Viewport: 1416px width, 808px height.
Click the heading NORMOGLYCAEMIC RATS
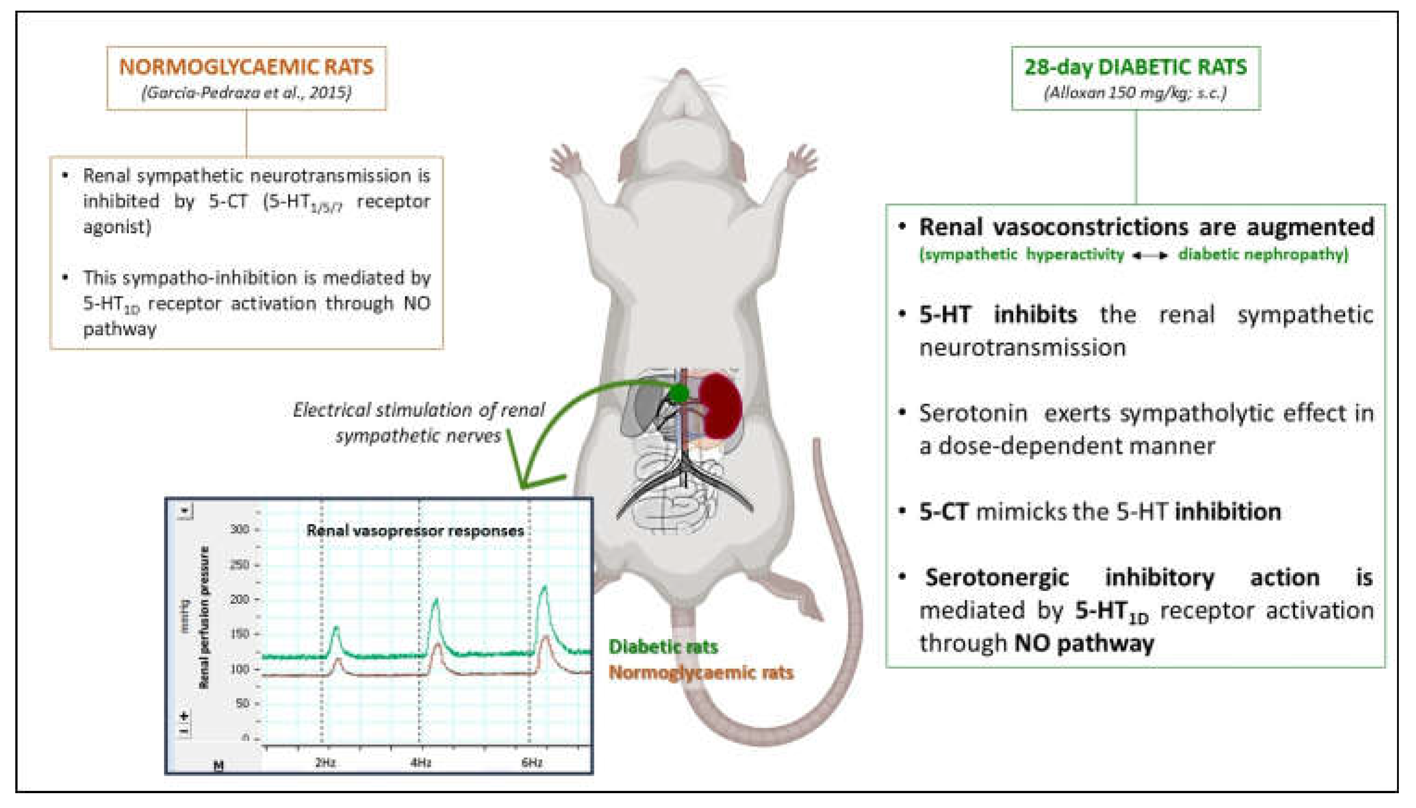click(x=246, y=67)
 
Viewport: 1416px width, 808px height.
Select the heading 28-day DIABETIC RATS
click(x=1135, y=67)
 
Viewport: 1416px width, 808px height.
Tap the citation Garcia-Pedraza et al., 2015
click(x=246, y=92)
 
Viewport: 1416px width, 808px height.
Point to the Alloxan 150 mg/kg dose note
click(x=1135, y=92)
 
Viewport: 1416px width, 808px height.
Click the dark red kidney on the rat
click(x=720, y=406)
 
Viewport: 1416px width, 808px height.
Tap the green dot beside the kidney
click(x=678, y=393)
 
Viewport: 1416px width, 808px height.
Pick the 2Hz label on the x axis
click(x=325, y=763)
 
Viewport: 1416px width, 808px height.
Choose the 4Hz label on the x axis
click(x=421, y=763)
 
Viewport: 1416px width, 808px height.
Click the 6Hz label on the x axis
click(x=531, y=763)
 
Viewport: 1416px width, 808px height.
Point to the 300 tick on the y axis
click(x=239, y=530)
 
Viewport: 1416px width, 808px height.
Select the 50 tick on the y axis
click(x=242, y=704)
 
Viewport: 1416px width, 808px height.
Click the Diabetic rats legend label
click(x=663, y=646)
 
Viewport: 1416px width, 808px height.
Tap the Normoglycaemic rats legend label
click(x=700, y=673)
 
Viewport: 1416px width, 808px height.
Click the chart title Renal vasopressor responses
click(x=415, y=531)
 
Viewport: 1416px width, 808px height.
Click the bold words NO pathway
click(x=1084, y=644)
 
